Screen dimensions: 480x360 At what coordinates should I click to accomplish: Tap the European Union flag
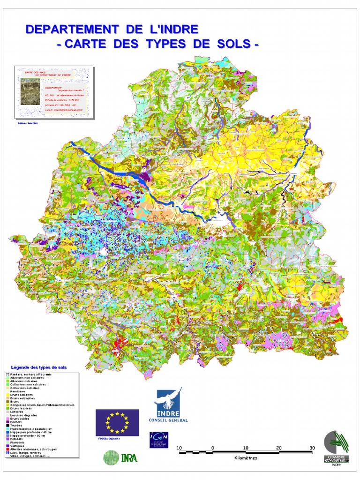click(117, 421)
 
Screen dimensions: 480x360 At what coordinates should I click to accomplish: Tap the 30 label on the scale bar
click(312, 448)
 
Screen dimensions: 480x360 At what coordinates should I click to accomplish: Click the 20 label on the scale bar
click(279, 448)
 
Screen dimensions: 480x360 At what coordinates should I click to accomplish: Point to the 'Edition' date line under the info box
click(27, 123)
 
